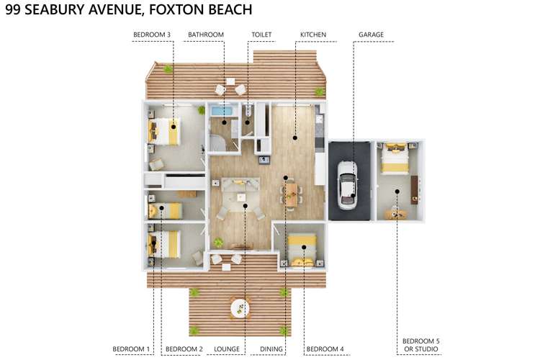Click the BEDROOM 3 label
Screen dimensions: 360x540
(152, 35)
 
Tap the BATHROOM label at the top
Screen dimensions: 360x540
(206, 35)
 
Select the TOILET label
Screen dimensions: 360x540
(261, 35)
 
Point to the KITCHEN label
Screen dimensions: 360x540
(313, 35)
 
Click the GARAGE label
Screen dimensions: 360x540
(371, 35)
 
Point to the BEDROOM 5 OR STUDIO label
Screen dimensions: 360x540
(420, 345)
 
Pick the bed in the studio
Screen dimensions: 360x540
(395, 158)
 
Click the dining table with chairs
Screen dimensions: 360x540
(290, 193)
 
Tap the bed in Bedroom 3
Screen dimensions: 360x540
(163, 132)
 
